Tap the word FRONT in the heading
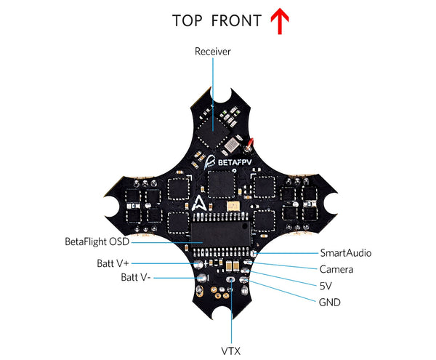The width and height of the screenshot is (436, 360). point(235,20)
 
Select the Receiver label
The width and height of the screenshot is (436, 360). point(212,52)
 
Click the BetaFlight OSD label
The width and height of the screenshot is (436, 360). point(96,241)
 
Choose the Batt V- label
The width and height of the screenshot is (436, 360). point(136,278)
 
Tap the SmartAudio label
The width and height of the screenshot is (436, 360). point(346,253)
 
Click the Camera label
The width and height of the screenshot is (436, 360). point(336,270)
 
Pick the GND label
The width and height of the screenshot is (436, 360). point(330,302)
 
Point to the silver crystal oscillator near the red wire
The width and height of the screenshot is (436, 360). point(234,142)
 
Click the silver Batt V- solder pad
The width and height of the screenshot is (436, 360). point(203,276)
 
